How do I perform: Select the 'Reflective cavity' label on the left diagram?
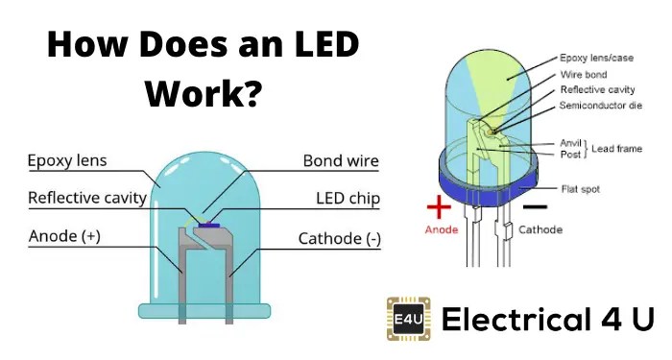click(x=87, y=199)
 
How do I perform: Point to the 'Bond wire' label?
click(x=341, y=161)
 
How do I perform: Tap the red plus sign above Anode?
click(x=438, y=206)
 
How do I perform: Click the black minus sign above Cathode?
click(x=538, y=204)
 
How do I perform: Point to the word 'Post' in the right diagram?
click(x=570, y=154)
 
